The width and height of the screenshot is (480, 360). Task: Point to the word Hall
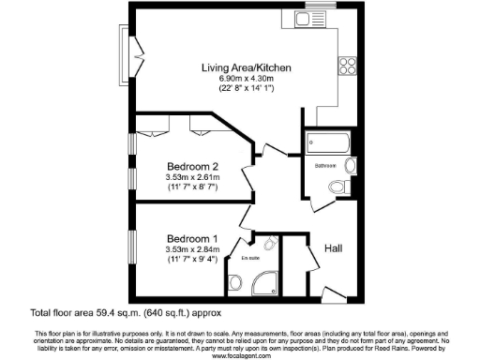[333, 247]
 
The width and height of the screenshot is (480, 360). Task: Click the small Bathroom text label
[326, 165]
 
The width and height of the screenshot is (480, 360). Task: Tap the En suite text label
[250, 258]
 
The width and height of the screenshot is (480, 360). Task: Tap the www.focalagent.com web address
[241, 355]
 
